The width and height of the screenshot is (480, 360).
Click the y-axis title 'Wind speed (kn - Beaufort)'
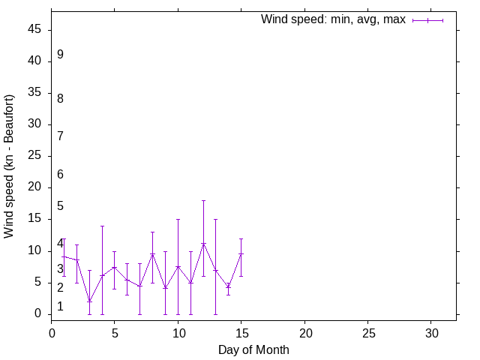pyautogui.click(x=9, y=166)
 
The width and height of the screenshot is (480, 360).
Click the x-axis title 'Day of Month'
pyautogui.click(x=253, y=349)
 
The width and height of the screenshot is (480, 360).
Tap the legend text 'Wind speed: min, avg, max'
pyautogui.click(x=333, y=19)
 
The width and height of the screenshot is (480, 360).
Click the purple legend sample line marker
pyautogui.click(x=427, y=20)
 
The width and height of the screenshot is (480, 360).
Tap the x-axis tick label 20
pyautogui.click(x=304, y=331)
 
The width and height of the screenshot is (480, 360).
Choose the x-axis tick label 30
pyautogui.click(x=431, y=331)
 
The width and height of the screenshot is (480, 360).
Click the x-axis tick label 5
pyautogui.click(x=115, y=331)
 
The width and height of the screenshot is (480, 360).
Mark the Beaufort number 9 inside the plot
pyautogui.click(x=60, y=55)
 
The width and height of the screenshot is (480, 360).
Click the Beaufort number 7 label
pyautogui.click(x=60, y=136)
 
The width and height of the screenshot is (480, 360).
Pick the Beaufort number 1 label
pyautogui.click(x=60, y=307)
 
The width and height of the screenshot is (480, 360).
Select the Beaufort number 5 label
pyautogui.click(x=60, y=206)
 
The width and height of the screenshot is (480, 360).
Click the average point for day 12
pyautogui.click(x=203, y=244)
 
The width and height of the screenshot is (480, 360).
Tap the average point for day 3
pyautogui.click(x=89, y=301)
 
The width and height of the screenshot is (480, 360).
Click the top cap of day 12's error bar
pyautogui.click(x=203, y=200)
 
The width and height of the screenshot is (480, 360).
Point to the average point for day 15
pyautogui.click(x=241, y=253)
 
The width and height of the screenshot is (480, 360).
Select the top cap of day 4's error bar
pyautogui.click(x=102, y=226)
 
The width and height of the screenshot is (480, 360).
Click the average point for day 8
pyautogui.click(x=152, y=253)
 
